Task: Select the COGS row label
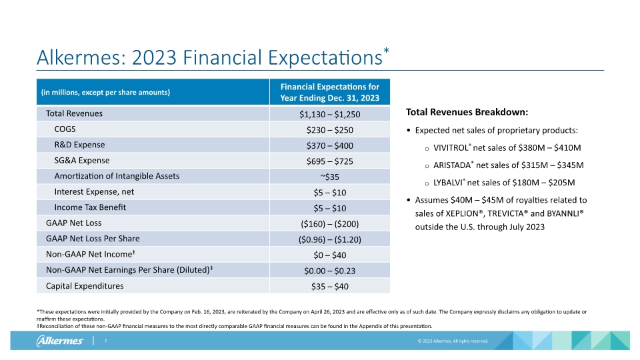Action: click(64, 129)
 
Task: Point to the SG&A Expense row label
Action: click(82, 161)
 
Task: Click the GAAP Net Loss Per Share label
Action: click(93, 239)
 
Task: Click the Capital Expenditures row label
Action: click(84, 286)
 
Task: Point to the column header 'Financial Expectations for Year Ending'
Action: click(329, 92)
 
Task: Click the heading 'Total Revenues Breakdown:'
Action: click(467, 111)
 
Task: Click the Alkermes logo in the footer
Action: click(60, 341)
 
